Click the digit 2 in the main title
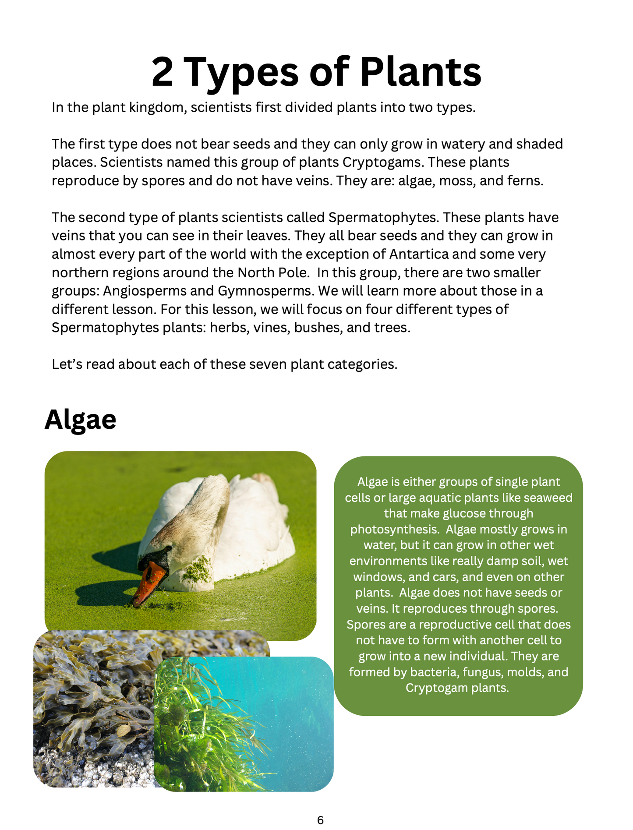[x=163, y=72]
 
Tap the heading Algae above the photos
[x=81, y=420]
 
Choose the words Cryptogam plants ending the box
[x=457, y=688]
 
